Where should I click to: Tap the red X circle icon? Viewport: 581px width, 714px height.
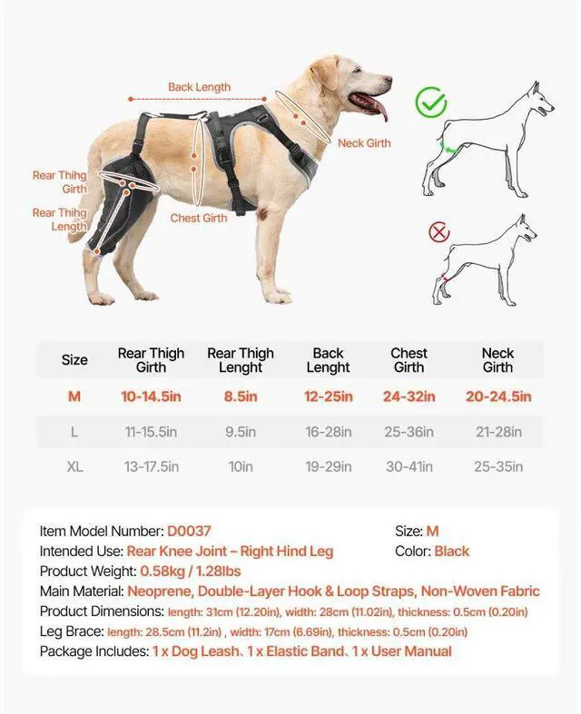point(439,232)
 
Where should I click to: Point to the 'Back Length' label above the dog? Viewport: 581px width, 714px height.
point(199,87)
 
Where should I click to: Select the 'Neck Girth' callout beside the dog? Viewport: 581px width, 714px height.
point(364,143)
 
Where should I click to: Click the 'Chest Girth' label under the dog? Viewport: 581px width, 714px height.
point(199,218)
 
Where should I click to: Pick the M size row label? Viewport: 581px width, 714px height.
point(74,396)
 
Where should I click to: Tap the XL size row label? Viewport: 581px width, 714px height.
point(74,467)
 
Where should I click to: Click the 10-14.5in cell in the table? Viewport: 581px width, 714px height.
point(151,396)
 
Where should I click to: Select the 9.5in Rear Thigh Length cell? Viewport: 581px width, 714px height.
point(240,432)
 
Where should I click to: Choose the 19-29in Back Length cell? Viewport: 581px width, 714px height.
point(328,467)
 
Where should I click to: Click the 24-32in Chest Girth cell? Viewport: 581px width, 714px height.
point(409,396)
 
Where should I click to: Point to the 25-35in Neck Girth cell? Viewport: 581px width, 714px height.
point(497,467)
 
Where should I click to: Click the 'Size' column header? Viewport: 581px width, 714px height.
point(74,360)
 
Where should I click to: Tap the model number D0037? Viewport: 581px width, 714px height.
point(189,531)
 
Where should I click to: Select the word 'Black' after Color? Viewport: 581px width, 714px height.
point(451,551)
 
